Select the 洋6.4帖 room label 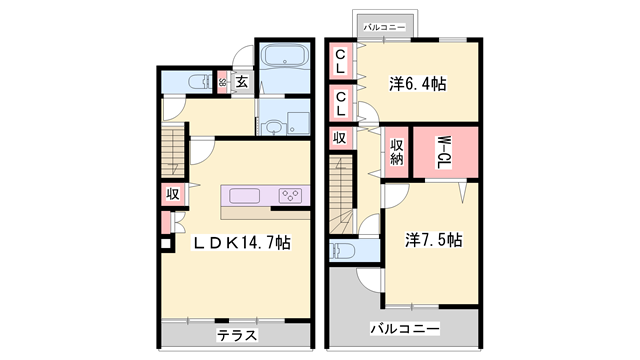click(x=417, y=84)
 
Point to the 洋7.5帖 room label click(x=433, y=240)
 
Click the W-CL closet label click(x=440, y=152)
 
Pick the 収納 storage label click(x=396, y=152)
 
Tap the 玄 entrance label click(x=241, y=82)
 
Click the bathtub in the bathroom click(x=286, y=58)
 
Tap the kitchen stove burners click(x=292, y=195)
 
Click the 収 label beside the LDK click(x=172, y=194)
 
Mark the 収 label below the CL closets click(x=340, y=137)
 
